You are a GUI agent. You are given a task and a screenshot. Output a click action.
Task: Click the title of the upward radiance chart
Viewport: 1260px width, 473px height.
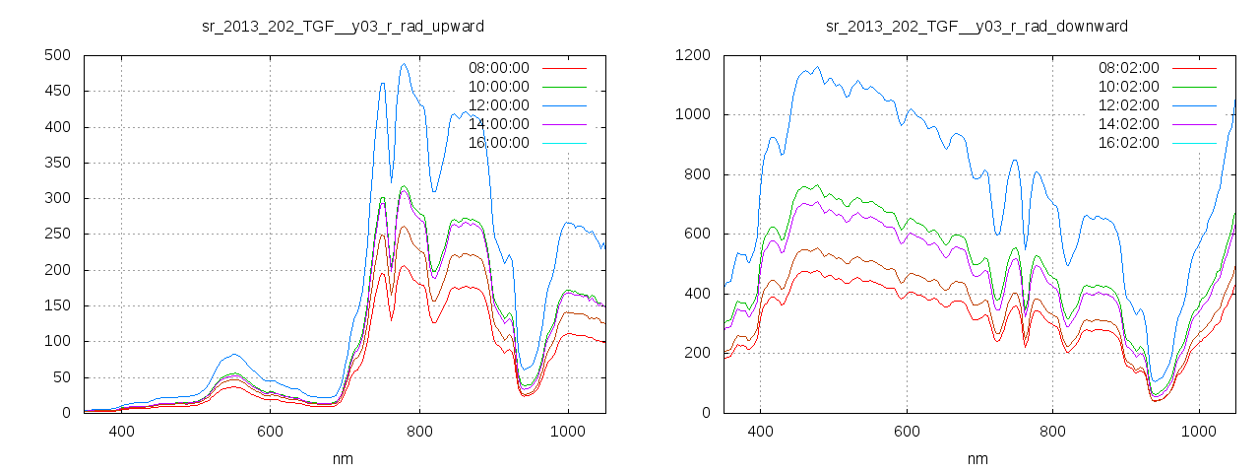coord(343,26)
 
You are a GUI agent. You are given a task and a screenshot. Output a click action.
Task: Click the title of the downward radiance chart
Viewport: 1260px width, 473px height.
coord(976,26)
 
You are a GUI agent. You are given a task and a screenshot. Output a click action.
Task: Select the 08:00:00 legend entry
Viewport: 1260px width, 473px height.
coord(498,68)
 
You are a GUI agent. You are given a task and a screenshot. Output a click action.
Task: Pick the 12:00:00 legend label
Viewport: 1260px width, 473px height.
coord(498,105)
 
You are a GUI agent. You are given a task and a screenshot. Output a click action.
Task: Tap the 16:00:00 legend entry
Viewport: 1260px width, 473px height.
coord(498,143)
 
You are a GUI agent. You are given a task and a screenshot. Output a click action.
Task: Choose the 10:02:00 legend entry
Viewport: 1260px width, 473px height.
coord(1128,87)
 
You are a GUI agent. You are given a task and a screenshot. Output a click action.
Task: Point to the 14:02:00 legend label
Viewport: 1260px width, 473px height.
coord(1128,124)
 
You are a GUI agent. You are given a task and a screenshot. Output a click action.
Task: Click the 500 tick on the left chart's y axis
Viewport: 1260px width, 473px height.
coord(56,55)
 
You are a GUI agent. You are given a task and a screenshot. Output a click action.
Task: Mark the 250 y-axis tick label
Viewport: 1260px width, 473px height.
coord(56,234)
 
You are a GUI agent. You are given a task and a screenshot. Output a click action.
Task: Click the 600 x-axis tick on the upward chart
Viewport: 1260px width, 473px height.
coord(271,431)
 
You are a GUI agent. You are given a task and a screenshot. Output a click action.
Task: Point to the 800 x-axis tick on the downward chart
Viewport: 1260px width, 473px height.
coord(1052,431)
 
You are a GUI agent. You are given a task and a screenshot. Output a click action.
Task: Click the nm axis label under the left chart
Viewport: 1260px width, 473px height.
coord(343,458)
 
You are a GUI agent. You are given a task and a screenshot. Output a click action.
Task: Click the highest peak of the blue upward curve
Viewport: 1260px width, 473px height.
coord(404,64)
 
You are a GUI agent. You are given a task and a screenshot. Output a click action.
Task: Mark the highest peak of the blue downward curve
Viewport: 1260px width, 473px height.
coord(817,67)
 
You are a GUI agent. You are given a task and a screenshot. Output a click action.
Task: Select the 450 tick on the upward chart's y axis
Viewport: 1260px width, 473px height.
coord(56,91)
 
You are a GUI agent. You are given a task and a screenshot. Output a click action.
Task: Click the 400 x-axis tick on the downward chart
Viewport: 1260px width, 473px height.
coord(760,431)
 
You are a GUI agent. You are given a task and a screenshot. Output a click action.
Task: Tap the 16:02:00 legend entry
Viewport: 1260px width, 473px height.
coord(1128,143)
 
